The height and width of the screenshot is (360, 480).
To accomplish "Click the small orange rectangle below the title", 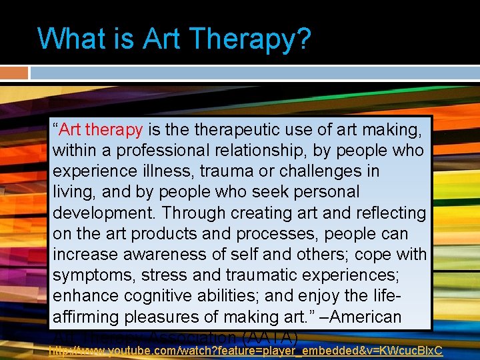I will pos(14,73).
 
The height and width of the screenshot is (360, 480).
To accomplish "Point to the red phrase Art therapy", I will pos(101,129).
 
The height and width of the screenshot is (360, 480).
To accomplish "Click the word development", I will pos(103,213).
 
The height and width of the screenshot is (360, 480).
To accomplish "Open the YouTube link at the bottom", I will pos(247,350).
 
